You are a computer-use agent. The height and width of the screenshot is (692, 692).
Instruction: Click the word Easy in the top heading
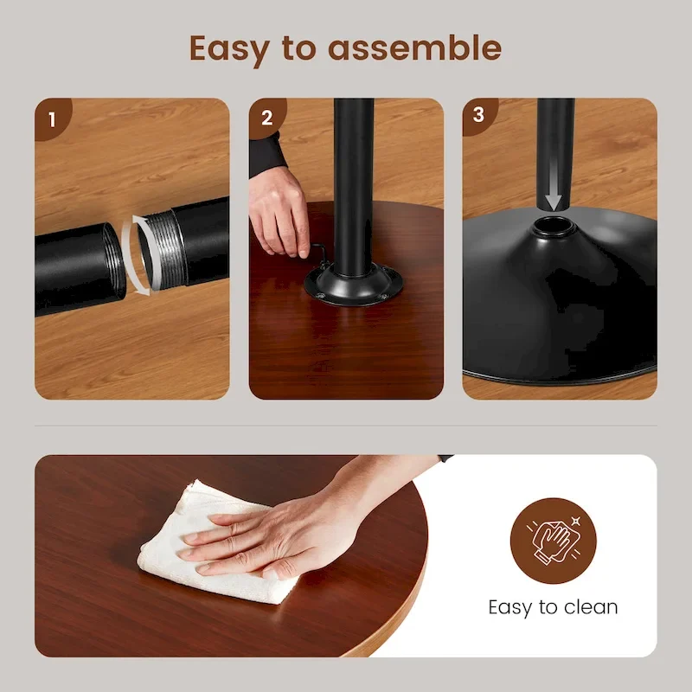[229, 49]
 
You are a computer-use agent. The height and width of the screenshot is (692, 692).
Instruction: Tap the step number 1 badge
[52, 119]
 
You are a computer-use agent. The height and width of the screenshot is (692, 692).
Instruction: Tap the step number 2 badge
[267, 118]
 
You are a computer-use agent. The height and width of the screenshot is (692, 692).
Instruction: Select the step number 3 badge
[479, 115]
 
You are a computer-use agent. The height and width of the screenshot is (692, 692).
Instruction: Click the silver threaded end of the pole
[163, 250]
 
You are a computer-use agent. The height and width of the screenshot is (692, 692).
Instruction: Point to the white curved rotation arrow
[139, 255]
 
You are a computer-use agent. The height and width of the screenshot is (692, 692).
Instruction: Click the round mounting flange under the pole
[353, 285]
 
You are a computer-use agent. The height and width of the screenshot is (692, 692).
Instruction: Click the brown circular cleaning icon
[553, 541]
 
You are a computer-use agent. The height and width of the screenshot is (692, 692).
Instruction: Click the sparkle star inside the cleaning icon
[575, 522]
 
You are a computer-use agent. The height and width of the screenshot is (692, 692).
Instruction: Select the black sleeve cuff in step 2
[266, 156]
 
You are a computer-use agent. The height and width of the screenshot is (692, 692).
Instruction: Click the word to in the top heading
[298, 48]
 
